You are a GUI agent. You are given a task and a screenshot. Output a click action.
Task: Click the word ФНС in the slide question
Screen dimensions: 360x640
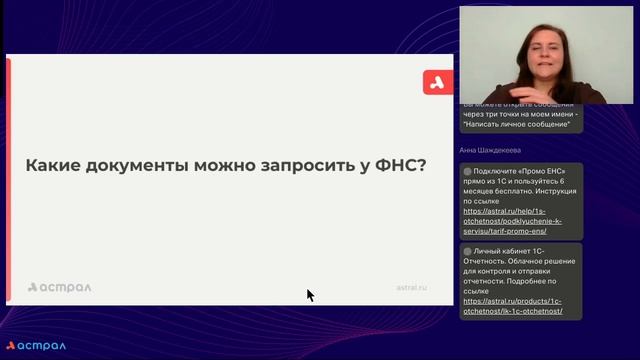(400, 165)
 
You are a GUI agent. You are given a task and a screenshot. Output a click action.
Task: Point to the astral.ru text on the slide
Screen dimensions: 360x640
(411, 287)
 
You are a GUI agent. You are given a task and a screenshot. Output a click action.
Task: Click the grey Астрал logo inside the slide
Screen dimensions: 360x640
(59, 287)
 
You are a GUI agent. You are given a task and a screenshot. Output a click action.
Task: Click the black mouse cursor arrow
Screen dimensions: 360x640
(310, 295)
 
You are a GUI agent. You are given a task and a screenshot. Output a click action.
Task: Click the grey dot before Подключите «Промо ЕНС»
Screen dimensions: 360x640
(468, 171)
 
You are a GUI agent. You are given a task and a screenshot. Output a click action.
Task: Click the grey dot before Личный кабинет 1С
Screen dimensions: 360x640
(468, 250)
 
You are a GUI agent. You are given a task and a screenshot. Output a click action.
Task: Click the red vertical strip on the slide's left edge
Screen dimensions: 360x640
(8, 180)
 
